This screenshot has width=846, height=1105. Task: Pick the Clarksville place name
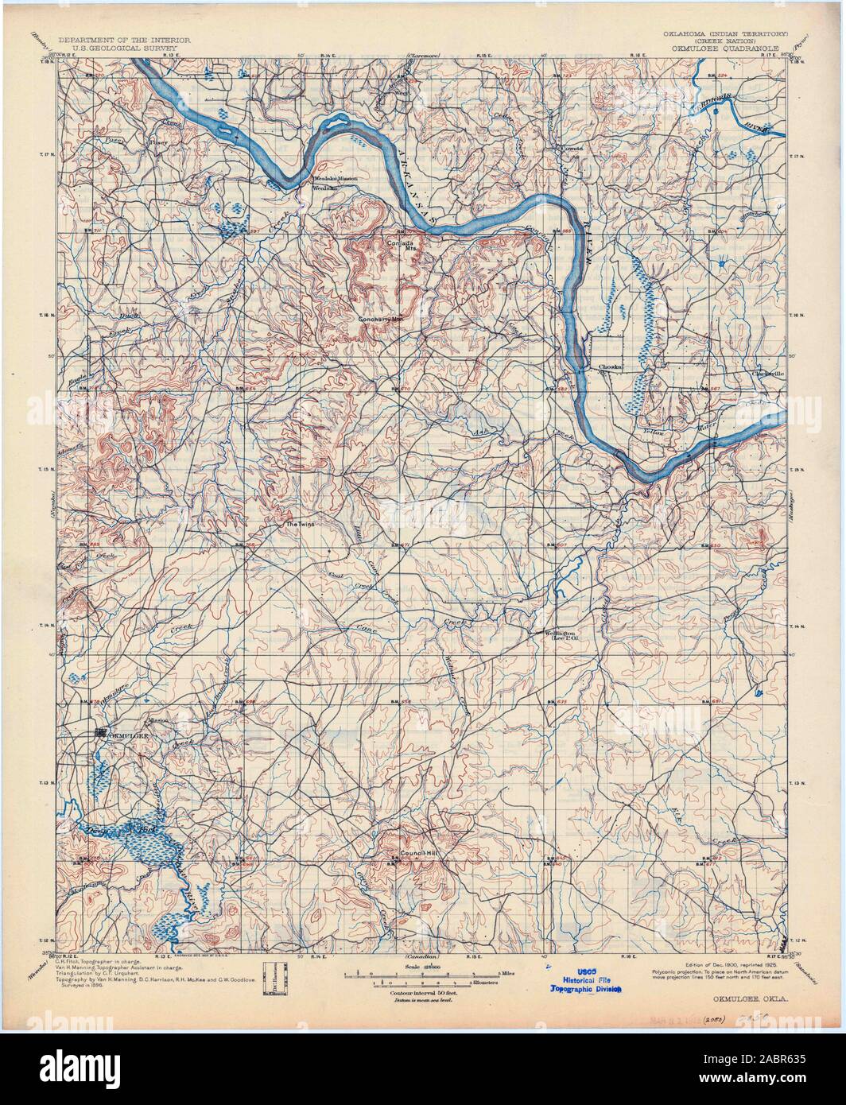coord(768,372)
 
